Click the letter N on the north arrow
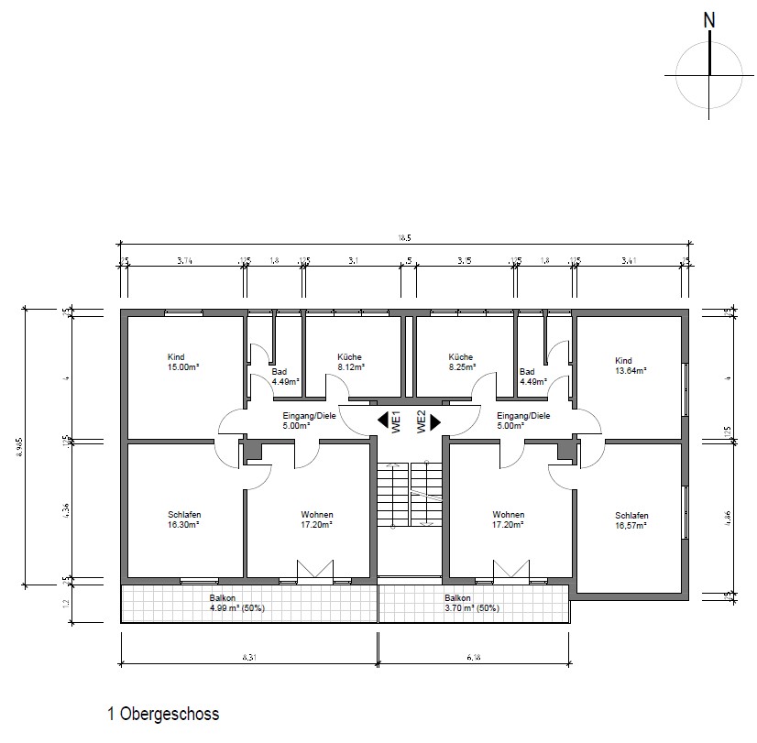[709, 20]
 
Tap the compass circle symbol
[709, 75]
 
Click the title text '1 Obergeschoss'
[163, 714]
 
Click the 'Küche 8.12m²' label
[350, 362]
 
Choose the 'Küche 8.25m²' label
[460, 362]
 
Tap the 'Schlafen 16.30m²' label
[183, 519]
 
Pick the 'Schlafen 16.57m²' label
[631, 520]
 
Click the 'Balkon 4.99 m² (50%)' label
[236, 602]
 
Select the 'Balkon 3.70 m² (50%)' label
[459, 602]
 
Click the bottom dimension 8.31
[248, 657]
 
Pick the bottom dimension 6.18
[472, 657]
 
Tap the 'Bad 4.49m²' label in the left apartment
[283, 377]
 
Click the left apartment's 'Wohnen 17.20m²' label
[316, 519]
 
